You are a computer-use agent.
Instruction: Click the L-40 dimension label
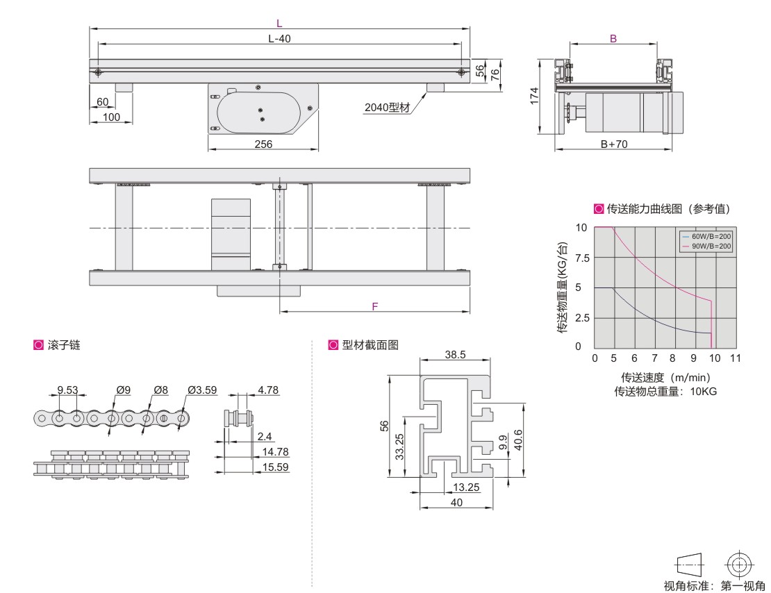click(279, 38)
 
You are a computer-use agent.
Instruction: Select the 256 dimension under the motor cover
click(263, 144)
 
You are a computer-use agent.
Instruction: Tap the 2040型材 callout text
click(387, 107)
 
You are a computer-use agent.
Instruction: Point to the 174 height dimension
click(534, 96)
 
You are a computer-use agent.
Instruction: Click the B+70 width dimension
click(614, 144)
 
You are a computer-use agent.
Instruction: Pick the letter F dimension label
click(375, 306)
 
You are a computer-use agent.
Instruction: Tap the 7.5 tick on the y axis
click(582, 258)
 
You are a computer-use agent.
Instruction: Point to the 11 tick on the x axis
click(735, 358)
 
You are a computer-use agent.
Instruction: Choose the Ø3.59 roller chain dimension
click(202, 390)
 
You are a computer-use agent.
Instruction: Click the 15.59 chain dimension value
click(275, 467)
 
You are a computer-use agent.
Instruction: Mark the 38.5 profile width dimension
click(456, 355)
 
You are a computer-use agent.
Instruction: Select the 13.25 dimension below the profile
click(466, 487)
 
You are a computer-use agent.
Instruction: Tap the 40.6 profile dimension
click(517, 440)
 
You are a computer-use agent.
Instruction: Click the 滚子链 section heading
click(64, 345)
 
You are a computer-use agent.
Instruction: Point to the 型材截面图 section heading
click(370, 345)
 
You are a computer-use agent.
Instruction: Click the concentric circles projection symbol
click(740, 565)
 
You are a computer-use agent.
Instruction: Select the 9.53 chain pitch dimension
click(68, 390)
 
